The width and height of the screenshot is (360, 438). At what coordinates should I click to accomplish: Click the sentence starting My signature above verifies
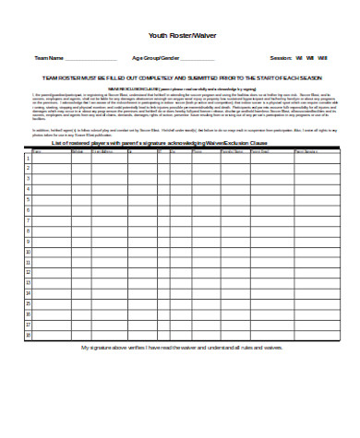[x=181, y=349]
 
